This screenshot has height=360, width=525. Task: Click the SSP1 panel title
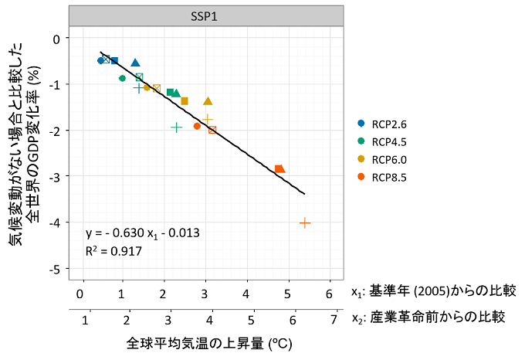tap(205, 16)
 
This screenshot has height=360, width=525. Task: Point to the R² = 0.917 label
tap(113, 251)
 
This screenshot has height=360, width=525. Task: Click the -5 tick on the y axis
tap(56, 269)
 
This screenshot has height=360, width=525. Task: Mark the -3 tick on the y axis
tap(56, 176)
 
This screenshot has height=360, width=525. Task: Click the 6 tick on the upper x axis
tap(330, 294)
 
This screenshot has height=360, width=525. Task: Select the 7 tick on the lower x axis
tap(334, 319)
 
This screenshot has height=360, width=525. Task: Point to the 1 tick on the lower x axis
tap(86, 319)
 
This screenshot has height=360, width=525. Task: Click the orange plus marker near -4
tap(305, 222)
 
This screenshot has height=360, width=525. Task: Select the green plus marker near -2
tap(176, 127)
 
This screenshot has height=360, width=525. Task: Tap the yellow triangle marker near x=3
tap(208, 101)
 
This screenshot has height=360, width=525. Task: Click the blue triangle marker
tap(136, 63)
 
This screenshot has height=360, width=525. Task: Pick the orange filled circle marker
tap(197, 126)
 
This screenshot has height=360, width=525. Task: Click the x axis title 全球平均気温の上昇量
tap(208, 342)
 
